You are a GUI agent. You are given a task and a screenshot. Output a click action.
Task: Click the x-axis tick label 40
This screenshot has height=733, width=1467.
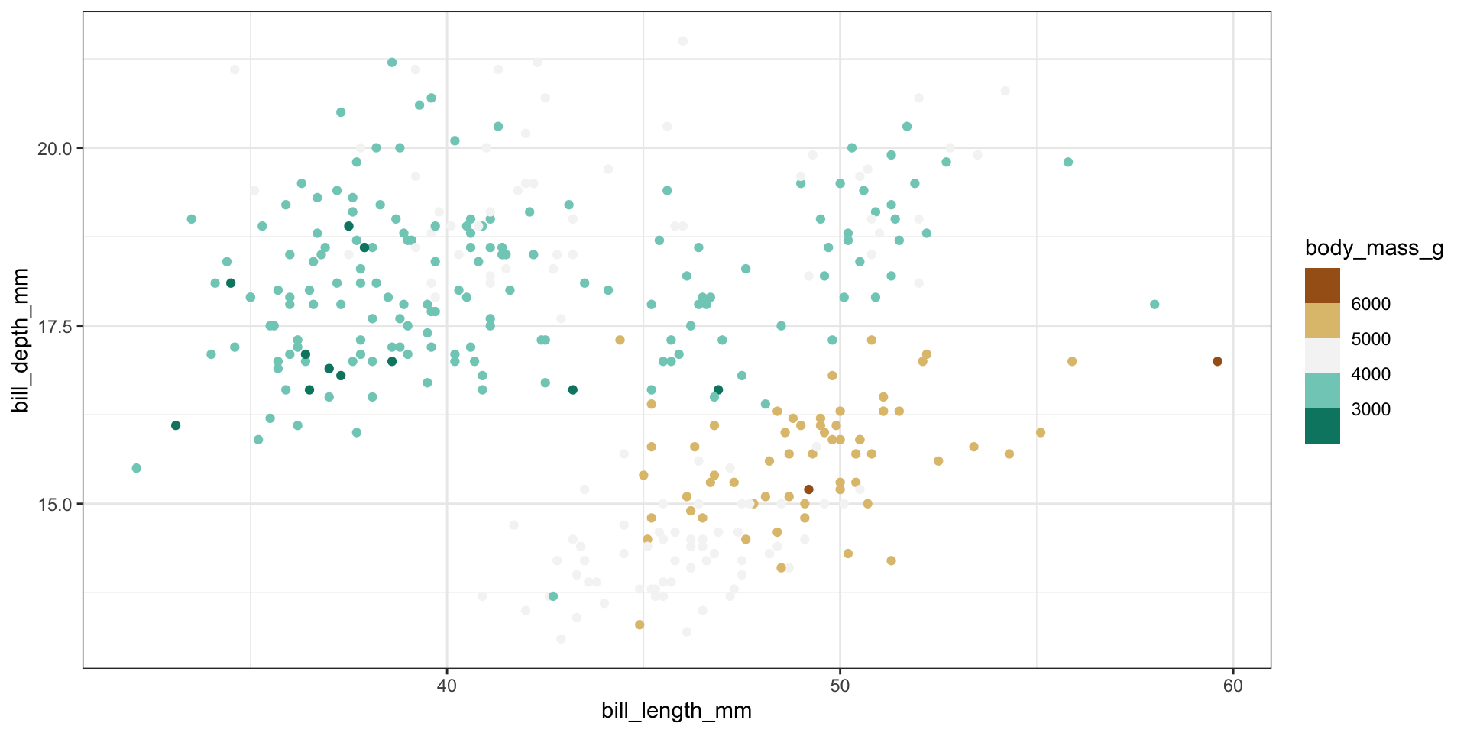pyautogui.click(x=446, y=686)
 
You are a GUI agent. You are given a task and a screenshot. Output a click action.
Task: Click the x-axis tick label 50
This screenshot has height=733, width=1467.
pyautogui.click(x=840, y=686)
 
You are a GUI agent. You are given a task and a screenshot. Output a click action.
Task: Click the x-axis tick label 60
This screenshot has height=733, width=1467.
pyautogui.click(x=1232, y=686)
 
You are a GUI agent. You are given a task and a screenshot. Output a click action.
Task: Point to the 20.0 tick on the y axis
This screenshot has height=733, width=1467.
pyautogui.click(x=54, y=148)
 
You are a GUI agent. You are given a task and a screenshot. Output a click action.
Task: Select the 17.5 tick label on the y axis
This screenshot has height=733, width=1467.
pyautogui.click(x=54, y=326)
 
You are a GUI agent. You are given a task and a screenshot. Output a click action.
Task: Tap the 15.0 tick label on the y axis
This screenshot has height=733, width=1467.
pyautogui.click(x=54, y=504)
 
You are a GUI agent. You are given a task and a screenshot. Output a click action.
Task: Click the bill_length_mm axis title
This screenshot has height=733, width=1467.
pyautogui.click(x=676, y=711)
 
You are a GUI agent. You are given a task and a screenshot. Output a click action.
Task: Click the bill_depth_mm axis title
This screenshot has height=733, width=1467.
pyautogui.click(x=21, y=340)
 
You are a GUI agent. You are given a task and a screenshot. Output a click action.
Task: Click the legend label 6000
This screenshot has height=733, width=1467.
pyautogui.click(x=1371, y=304)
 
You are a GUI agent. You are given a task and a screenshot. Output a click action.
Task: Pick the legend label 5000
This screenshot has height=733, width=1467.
pyautogui.click(x=1371, y=339)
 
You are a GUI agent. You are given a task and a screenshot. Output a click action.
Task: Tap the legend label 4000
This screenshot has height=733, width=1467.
pyautogui.click(x=1371, y=374)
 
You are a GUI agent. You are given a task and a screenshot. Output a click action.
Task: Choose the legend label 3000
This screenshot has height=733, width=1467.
pyautogui.click(x=1371, y=409)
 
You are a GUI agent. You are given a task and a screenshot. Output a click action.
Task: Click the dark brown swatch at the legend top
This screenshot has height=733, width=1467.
pyautogui.click(x=1322, y=286)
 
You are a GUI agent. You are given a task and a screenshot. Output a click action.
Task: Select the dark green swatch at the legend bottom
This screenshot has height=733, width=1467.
pyautogui.click(x=1322, y=426)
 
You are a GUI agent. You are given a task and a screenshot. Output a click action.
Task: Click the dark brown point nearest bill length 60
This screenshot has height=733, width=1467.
pyautogui.click(x=1217, y=361)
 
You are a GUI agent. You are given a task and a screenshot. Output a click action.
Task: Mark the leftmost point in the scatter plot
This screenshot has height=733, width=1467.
pyautogui.click(x=136, y=468)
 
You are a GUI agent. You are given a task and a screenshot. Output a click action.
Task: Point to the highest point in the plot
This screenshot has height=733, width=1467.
pyautogui.click(x=682, y=41)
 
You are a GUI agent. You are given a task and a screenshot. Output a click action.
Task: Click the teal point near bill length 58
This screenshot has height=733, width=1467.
pyautogui.click(x=1154, y=305)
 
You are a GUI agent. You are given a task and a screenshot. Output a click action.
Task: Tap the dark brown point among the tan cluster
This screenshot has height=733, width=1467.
pyautogui.click(x=808, y=489)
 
